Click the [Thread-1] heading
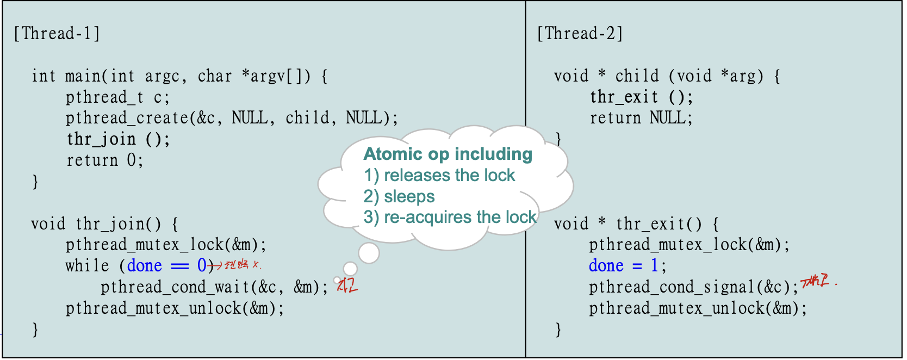[57, 34]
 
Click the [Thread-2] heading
[580, 34]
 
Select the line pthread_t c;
[117, 98]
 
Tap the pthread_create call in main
[232, 119]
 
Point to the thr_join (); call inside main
[118, 140]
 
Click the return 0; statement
[105, 161]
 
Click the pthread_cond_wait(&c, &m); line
[214, 287]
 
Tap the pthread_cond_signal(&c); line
[694, 287]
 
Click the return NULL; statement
[641, 119]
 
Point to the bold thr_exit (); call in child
[641, 98]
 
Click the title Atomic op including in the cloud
[448, 154]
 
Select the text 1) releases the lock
[439, 176]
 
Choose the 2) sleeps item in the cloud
[399, 197]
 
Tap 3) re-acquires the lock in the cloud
[450, 218]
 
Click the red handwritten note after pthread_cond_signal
[817, 281]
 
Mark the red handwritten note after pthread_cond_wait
[347, 285]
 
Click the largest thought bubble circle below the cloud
[369, 253]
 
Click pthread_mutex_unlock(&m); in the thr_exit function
[698, 309]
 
